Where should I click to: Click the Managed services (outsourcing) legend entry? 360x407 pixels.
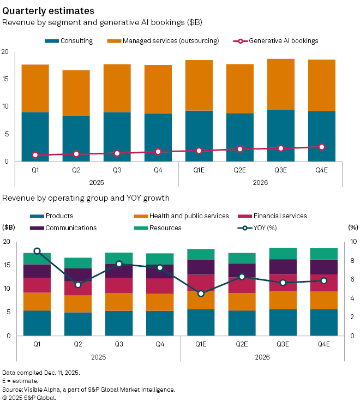click(x=163, y=41)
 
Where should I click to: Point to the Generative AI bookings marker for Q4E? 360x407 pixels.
click(x=322, y=147)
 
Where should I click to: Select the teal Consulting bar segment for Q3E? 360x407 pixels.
click(x=281, y=136)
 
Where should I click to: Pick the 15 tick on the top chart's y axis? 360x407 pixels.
click(x=5, y=79)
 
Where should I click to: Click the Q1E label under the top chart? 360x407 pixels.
click(x=199, y=171)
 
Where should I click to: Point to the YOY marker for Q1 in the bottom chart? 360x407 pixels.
click(x=37, y=252)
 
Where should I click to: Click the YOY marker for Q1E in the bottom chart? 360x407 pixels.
click(x=201, y=294)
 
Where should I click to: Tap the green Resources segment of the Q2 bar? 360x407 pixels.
click(x=78, y=263)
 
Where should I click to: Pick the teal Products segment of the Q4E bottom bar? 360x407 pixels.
click(x=322, y=322)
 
